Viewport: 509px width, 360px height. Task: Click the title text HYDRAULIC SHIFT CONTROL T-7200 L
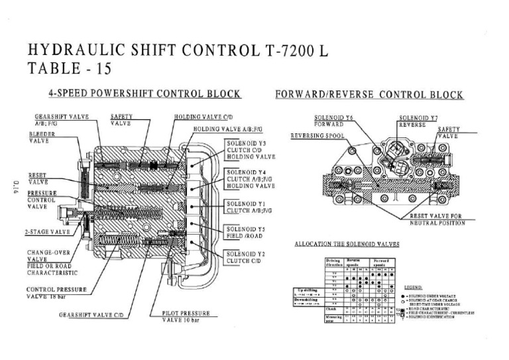[178, 51]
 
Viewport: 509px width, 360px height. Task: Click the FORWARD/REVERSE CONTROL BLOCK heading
[369, 94]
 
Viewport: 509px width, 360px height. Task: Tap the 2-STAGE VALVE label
[48, 232]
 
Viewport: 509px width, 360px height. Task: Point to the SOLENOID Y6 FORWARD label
[339, 121]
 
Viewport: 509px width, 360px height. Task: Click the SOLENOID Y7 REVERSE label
[418, 121]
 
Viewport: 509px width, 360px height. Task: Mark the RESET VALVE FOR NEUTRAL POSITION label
[437, 219]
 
